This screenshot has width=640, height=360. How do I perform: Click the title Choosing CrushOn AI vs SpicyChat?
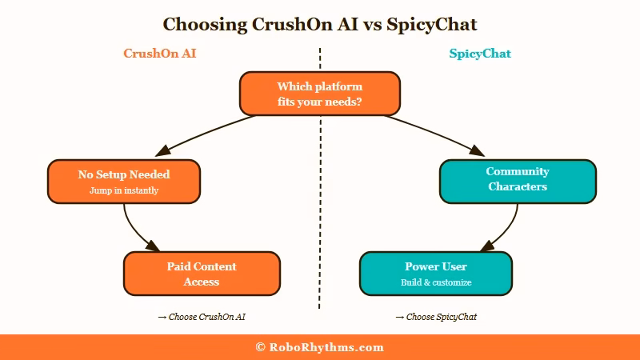pyautogui.click(x=320, y=24)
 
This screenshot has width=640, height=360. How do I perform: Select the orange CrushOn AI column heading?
pyautogui.click(x=159, y=54)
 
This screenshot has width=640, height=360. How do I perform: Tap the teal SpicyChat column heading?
pyautogui.click(x=479, y=54)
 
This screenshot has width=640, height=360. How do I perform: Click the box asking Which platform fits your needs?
pyautogui.click(x=319, y=94)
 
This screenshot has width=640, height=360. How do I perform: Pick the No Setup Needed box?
pyautogui.click(x=123, y=182)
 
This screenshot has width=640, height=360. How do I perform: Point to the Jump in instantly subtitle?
pyautogui.click(x=123, y=190)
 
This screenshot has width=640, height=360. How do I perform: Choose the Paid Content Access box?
pyautogui.click(x=201, y=274)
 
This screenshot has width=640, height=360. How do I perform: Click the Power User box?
pyautogui.click(x=435, y=274)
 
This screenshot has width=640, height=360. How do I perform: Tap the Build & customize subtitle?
pyautogui.click(x=435, y=282)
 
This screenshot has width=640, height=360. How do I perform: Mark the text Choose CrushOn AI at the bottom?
pyautogui.click(x=202, y=317)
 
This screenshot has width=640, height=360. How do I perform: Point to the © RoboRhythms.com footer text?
pyautogui.click(x=320, y=347)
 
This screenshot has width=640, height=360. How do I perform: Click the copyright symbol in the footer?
pyautogui.click(x=260, y=347)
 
